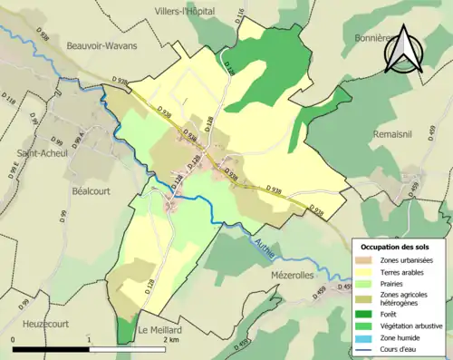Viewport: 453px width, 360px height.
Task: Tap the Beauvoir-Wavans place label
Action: [99, 44]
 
